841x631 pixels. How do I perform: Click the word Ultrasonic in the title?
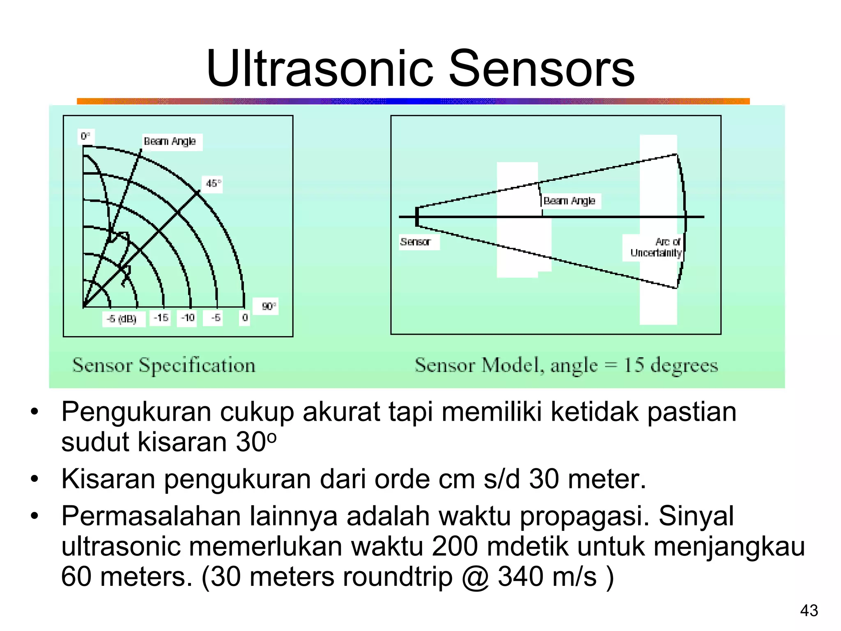[319, 69]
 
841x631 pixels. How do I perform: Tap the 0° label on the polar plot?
[86, 136]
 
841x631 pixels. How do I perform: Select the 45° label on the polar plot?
[213, 184]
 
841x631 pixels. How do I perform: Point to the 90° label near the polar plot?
[269, 306]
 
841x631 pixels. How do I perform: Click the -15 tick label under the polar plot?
[161, 318]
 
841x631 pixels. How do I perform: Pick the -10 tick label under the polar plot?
[188, 318]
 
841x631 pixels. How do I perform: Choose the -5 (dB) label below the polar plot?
[122, 319]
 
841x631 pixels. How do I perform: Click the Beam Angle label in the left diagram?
[170, 142]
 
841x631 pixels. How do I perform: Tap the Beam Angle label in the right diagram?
[570, 201]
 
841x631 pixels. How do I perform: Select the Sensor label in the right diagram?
[415, 242]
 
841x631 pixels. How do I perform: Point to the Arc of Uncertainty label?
[656, 248]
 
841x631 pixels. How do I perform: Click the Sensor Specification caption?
[164, 365]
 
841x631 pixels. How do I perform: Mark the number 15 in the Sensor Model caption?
[633, 365]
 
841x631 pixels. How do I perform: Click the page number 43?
[809, 611]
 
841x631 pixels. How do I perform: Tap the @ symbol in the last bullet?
[476, 577]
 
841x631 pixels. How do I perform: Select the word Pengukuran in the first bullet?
[136, 412]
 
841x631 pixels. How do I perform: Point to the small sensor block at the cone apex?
[417, 216]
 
